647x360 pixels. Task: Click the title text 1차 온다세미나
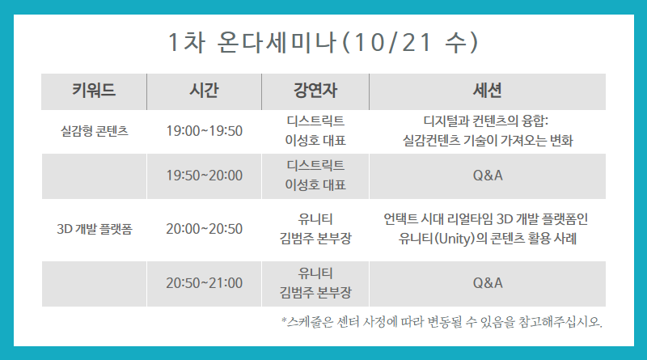click(x=252, y=42)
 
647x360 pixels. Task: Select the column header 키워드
click(x=94, y=90)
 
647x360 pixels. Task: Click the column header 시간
click(x=204, y=90)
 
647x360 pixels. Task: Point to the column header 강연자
click(x=315, y=90)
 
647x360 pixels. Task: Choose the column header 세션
click(x=488, y=90)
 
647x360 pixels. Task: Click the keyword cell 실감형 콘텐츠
click(x=95, y=131)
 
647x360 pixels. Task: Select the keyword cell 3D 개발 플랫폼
click(x=95, y=229)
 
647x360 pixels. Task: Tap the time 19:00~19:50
click(x=205, y=131)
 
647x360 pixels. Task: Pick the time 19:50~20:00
click(x=205, y=176)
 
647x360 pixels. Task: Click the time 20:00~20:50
click(x=205, y=229)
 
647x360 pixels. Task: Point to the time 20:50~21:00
click(x=205, y=283)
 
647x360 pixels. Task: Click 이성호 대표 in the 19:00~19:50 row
click(x=315, y=141)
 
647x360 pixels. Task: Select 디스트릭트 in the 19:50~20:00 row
click(x=315, y=165)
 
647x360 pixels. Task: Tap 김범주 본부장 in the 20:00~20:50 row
click(x=315, y=238)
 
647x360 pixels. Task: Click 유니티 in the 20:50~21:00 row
click(x=315, y=273)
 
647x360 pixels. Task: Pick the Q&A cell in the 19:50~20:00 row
click(x=488, y=176)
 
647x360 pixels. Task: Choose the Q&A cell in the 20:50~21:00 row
click(x=488, y=283)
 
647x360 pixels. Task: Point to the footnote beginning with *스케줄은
click(x=442, y=322)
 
